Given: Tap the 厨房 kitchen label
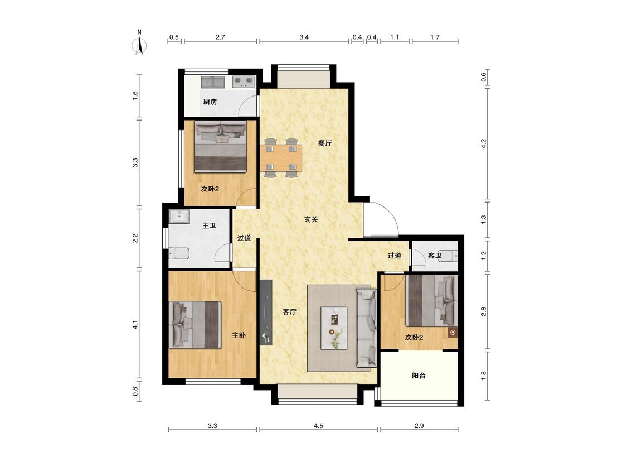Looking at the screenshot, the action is [x=210, y=102].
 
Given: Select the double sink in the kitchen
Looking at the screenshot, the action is [x=213, y=82].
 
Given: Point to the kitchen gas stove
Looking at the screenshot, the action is [x=244, y=81].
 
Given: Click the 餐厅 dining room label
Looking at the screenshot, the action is [x=325, y=143].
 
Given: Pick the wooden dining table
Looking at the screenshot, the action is [x=281, y=158].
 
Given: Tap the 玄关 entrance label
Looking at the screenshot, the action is [x=311, y=219].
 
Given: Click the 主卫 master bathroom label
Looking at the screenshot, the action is [x=209, y=226].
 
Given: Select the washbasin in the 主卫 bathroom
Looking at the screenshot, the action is [x=179, y=217].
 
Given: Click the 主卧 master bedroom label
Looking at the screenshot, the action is [x=239, y=335].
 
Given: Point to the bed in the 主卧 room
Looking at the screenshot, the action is [x=195, y=324].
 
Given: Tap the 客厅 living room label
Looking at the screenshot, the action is [x=289, y=311].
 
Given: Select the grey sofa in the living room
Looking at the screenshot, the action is [x=367, y=328].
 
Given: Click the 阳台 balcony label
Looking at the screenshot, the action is [x=419, y=376].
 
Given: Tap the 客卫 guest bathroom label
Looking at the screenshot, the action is [x=435, y=256].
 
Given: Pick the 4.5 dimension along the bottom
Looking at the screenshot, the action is [x=318, y=426].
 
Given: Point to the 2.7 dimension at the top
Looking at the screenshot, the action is [x=220, y=37].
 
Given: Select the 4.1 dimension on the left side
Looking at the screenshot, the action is [x=135, y=324].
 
